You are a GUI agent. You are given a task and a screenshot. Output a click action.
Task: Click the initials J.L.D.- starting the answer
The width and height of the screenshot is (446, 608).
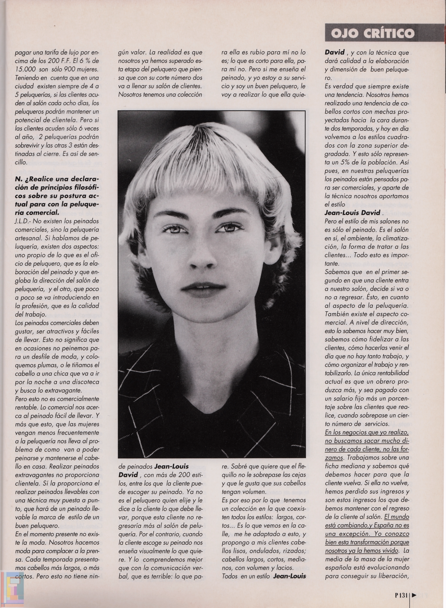24,221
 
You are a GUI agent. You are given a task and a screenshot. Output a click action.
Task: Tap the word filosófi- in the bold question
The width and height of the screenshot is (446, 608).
85,187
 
